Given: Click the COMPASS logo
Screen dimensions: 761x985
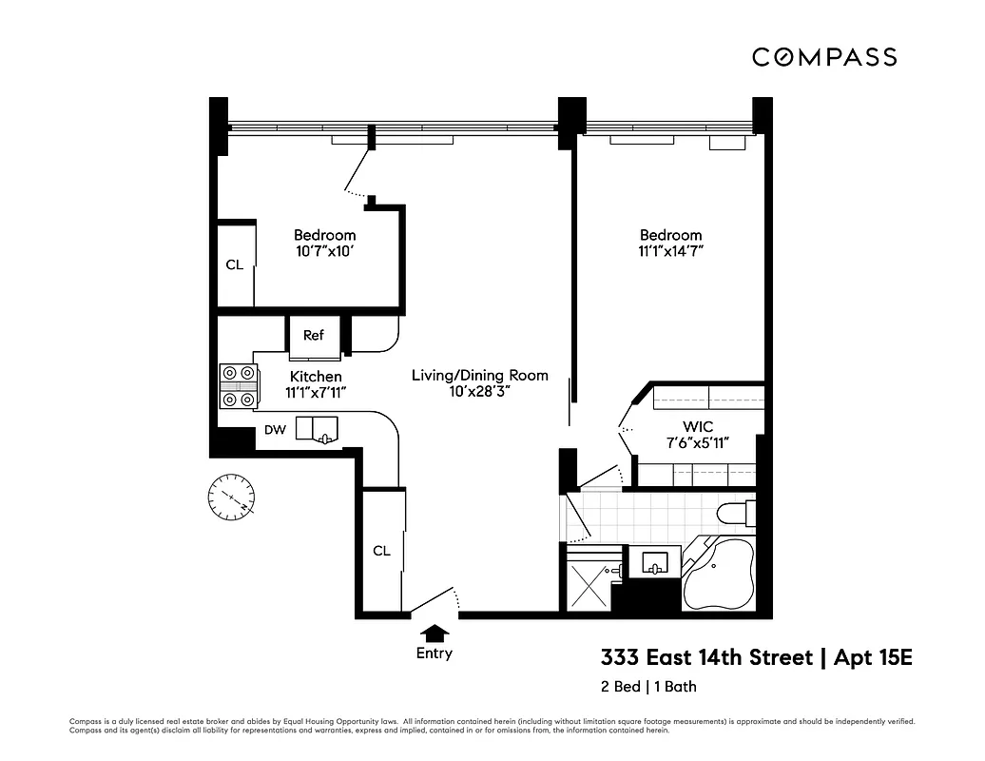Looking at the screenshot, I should pos(823,57).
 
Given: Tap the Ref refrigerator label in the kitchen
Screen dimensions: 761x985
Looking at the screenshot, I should pos(314,335).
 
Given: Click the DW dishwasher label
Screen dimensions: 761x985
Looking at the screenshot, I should pos(275,430).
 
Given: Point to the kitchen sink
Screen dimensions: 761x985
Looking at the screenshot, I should pos(317,430).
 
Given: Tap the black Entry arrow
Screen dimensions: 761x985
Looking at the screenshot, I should pos(435,632).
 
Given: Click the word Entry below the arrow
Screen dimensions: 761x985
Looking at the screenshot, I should pos(435,654).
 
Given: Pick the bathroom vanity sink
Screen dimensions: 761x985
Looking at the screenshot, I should pos(655,563).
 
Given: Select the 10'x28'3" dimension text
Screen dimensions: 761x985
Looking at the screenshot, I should pos(480,392).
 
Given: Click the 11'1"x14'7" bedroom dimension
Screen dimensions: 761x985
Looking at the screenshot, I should pos(670,252).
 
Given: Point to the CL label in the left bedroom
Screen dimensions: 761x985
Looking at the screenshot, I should pos(234,265).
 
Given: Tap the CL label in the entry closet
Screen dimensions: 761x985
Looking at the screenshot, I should pos(381,551).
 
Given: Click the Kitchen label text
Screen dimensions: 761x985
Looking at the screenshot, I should pos(316,377).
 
